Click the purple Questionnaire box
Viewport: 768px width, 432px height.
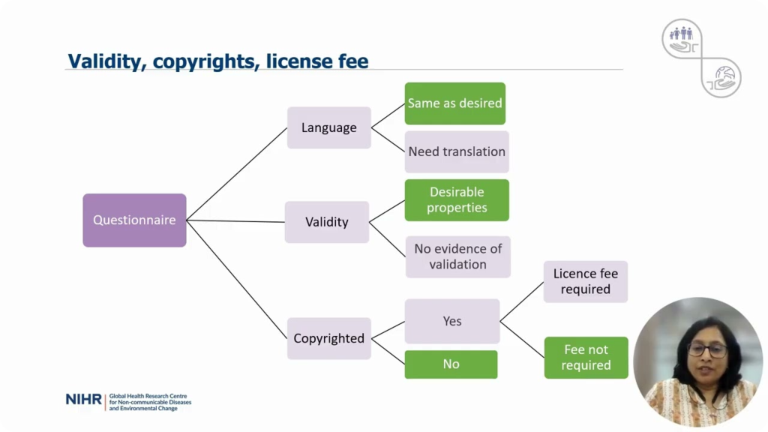click(134, 220)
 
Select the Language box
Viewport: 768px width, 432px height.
click(329, 127)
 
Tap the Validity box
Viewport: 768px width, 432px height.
click(327, 222)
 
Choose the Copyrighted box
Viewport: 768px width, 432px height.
click(329, 338)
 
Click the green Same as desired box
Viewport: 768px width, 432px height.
click(455, 103)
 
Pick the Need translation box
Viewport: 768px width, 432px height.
click(457, 151)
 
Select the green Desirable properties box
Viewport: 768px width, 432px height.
click(457, 199)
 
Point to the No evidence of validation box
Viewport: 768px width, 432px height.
click(458, 256)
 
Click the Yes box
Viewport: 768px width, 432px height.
click(452, 321)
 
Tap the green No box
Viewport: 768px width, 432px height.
click(451, 364)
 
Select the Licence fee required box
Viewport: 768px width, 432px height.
click(586, 282)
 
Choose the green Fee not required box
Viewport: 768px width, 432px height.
click(586, 358)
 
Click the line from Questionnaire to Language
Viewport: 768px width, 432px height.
click(236, 174)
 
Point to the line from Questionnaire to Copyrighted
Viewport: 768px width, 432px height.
click(236, 279)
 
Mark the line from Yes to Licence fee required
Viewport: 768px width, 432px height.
click(522, 301)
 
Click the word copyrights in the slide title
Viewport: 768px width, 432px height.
click(206, 61)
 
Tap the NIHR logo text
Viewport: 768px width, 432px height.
click(83, 400)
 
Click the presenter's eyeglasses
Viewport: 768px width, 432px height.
click(707, 349)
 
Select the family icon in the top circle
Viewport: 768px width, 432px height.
click(682, 33)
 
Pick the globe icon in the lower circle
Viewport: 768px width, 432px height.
click(724, 75)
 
